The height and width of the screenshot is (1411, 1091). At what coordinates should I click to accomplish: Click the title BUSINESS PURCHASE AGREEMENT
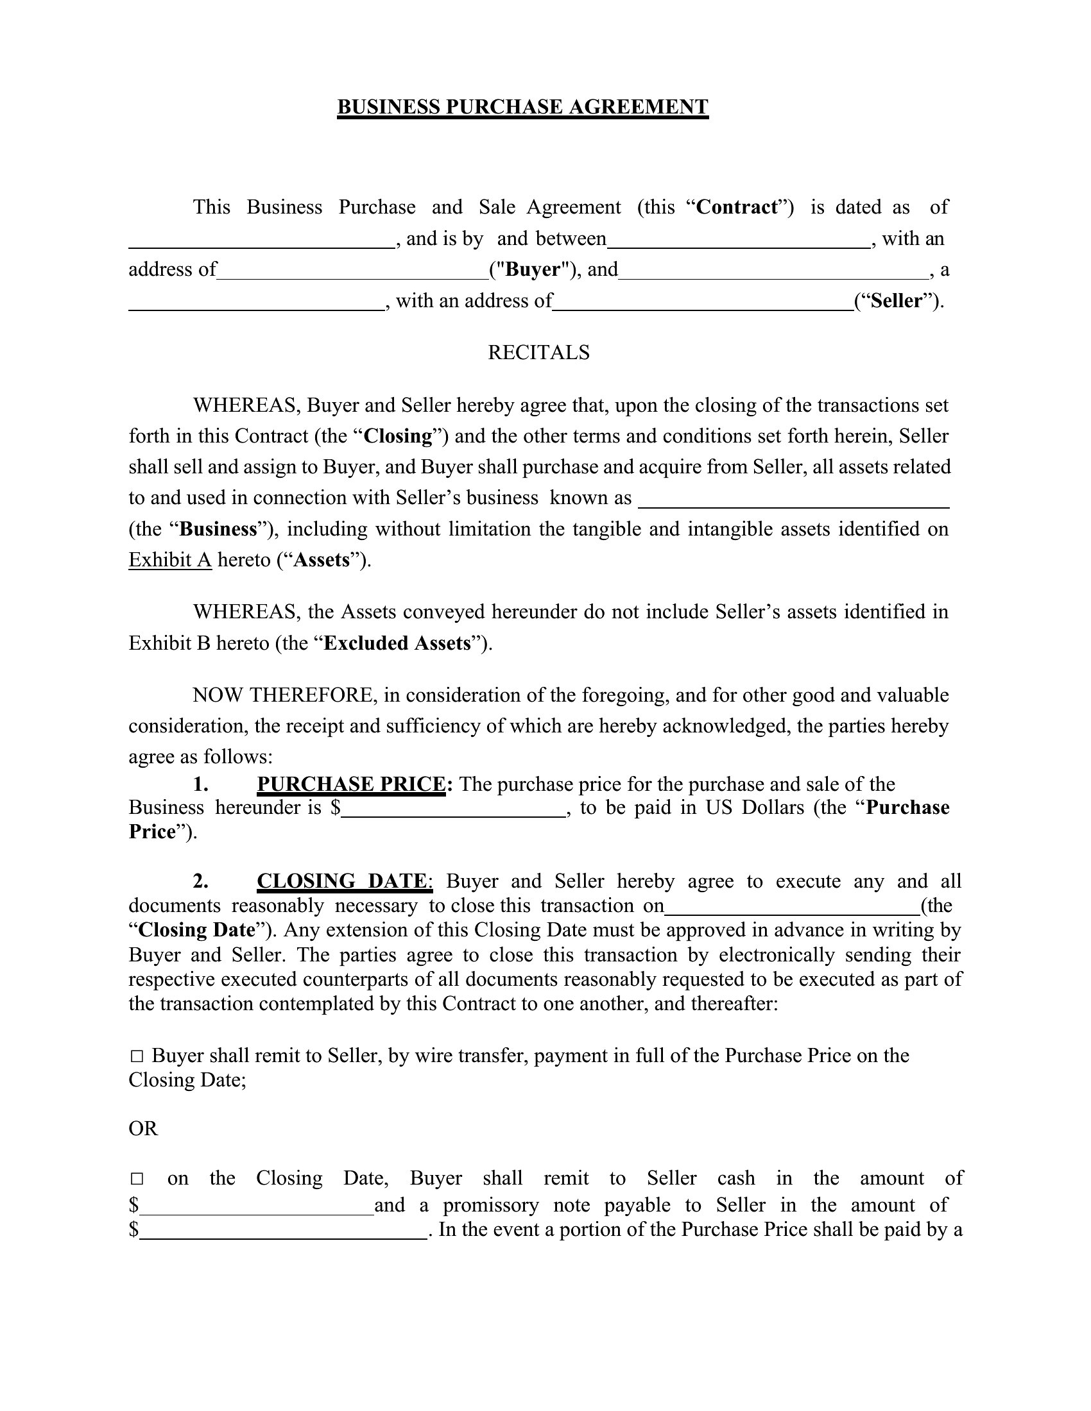522,106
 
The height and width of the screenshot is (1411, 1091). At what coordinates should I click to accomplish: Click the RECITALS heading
538,352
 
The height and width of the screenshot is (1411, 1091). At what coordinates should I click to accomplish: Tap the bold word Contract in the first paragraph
736,207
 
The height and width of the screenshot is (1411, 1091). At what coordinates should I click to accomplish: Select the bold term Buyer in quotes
532,269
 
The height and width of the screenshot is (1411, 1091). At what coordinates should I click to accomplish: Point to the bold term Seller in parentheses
896,300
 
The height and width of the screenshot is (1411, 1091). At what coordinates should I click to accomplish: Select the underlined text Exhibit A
170,559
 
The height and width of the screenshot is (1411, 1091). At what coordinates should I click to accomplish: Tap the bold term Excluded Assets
397,643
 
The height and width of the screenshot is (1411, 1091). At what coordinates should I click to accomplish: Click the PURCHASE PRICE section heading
351,784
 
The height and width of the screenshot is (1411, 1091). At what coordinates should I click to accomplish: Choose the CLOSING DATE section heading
341,881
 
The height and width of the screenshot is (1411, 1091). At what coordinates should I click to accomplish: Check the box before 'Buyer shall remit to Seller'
136,1056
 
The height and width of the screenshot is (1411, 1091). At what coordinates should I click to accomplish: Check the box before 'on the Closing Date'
136,1178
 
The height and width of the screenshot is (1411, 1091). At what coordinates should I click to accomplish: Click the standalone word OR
143,1129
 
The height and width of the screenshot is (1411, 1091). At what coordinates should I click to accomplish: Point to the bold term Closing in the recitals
397,436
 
